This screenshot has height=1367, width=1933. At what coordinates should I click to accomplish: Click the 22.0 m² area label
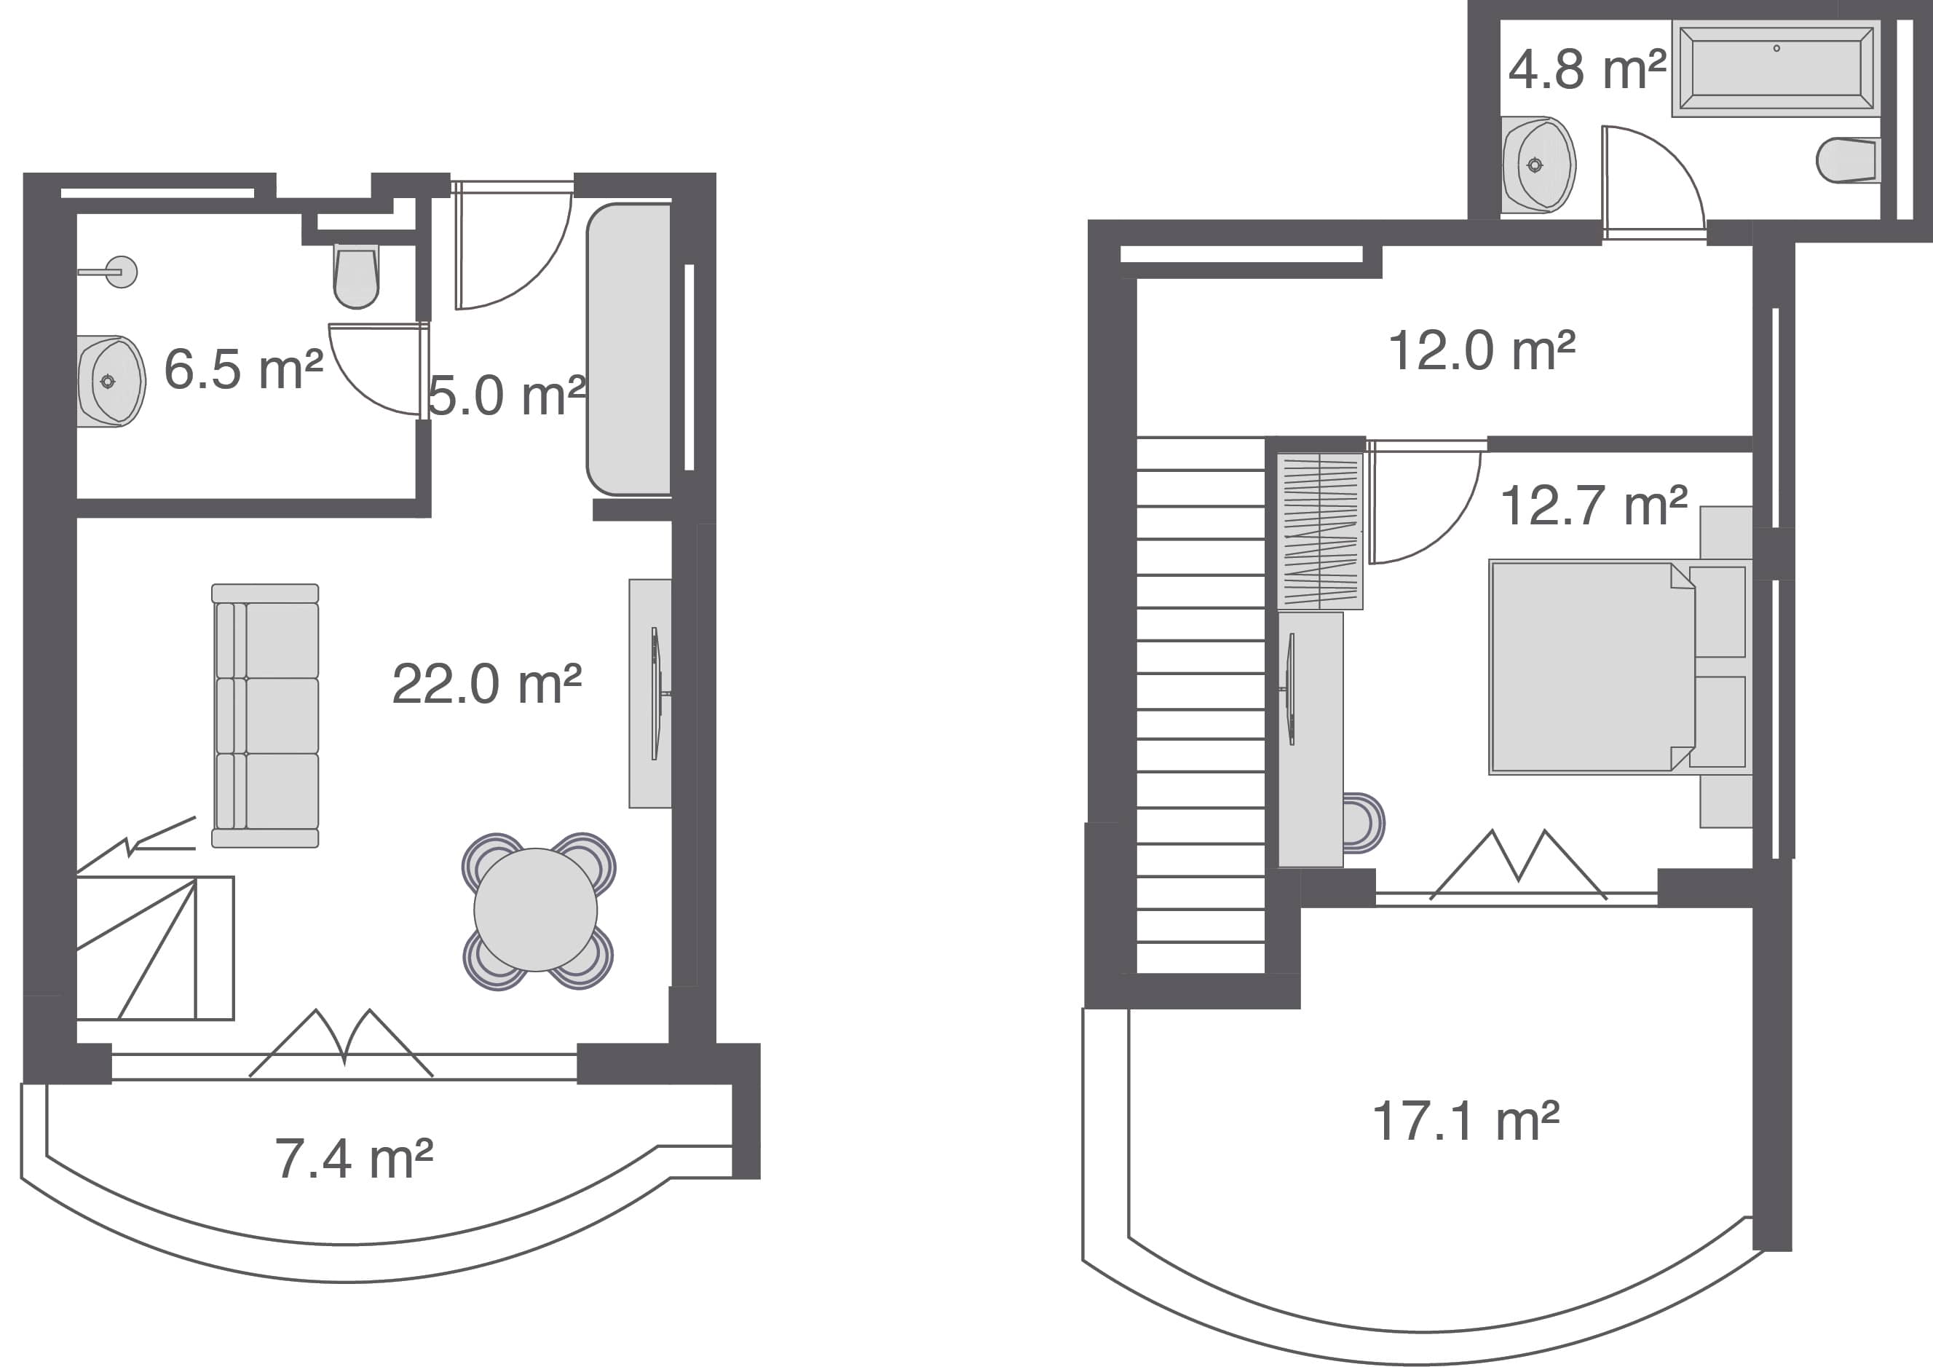(486, 684)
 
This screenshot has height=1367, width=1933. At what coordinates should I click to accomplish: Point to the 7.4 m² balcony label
(354, 1159)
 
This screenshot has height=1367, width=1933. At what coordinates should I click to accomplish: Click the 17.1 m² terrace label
(1466, 1122)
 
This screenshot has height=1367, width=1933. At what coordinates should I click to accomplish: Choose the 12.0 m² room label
(1481, 350)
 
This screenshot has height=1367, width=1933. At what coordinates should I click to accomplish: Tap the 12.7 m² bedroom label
(1593, 506)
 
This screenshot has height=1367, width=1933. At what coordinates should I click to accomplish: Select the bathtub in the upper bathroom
(1776, 68)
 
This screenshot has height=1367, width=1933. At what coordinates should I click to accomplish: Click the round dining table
(535, 910)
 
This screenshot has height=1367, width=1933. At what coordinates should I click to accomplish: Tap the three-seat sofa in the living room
(265, 715)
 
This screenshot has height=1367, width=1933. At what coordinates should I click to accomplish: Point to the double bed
(1592, 667)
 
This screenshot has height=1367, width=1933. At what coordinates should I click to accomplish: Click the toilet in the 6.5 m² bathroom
(356, 276)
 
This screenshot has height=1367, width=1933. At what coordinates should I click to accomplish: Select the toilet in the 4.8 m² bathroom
(1849, 160)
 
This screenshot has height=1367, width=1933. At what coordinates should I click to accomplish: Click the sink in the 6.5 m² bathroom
(110, 382)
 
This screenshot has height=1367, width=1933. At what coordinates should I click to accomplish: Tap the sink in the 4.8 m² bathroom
(1538, 165)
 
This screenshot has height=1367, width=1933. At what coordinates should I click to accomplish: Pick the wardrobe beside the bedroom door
(1319, 532)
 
